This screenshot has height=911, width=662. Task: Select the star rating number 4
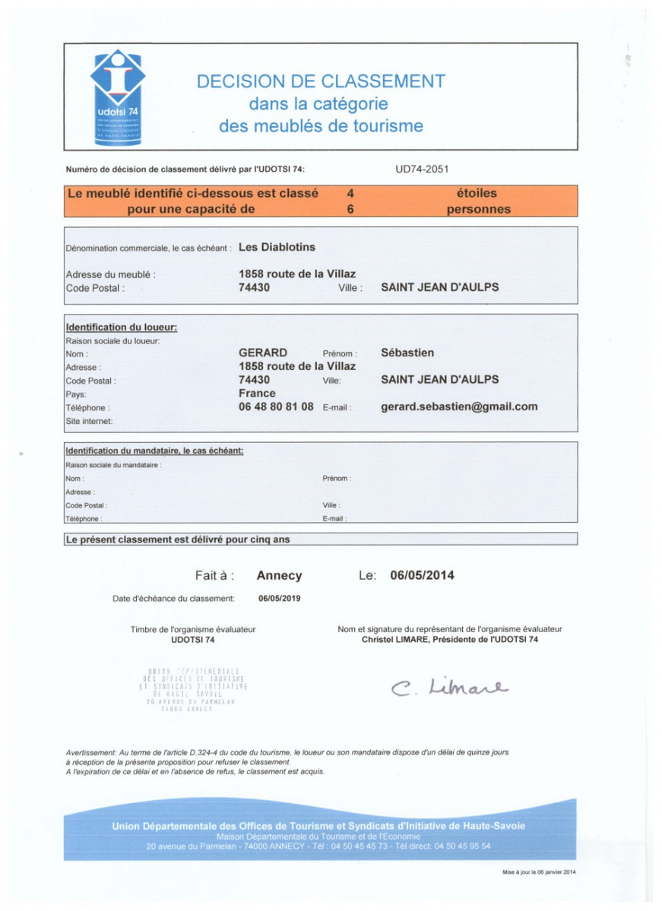pos(350,194)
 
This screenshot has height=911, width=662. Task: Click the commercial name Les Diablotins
pos(277,247)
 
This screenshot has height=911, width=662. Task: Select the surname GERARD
pos(263,353)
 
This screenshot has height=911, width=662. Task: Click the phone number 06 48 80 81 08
pos(276,406)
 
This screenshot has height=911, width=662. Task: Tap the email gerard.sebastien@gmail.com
pos(459,406)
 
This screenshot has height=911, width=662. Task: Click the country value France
pos(257,394)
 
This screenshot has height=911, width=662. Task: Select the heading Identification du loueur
pos(122,327)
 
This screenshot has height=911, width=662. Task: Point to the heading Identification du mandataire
pos(154,451)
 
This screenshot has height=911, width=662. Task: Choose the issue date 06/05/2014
pos(422,576)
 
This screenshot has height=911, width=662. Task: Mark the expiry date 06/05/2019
pos(280,599)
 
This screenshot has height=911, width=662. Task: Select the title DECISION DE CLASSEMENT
pos(321,82)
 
